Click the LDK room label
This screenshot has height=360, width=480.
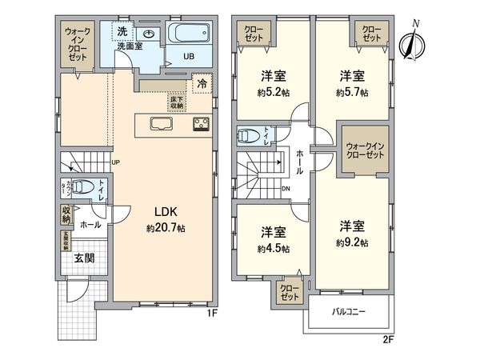click(x=166, y=212)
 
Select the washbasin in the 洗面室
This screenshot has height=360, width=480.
click(x=148, y=34)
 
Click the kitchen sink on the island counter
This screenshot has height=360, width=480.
click(x=160, y=123)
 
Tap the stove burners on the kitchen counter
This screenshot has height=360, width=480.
click(x=200, y=124)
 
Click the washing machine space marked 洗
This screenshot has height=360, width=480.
click(x=122, y=31)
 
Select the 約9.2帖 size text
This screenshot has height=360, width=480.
click(x=352, y=242)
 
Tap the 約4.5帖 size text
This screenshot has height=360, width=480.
click(x=274, y=249)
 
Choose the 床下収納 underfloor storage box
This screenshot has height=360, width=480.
click(x=176, y=101)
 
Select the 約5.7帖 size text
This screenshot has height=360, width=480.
click(x=352, y=93)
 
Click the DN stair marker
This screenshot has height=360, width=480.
click(x=286, y=189)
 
